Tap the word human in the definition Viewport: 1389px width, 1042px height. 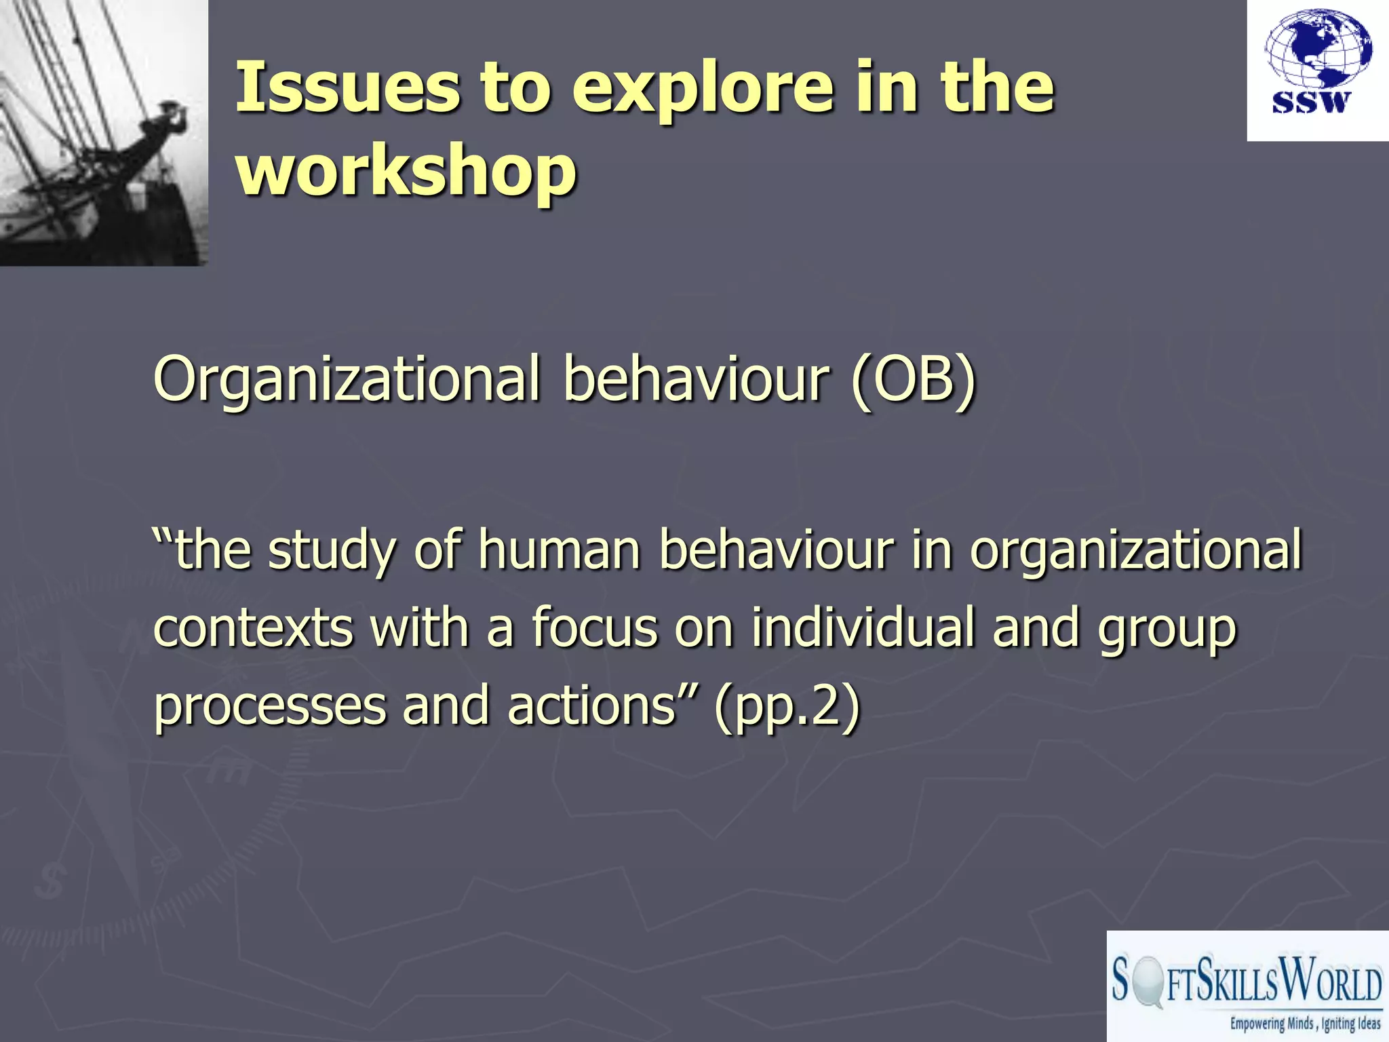559,549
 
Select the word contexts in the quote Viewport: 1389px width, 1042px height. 253,628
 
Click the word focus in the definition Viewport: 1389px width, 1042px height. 594,628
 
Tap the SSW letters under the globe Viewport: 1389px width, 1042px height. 1311,102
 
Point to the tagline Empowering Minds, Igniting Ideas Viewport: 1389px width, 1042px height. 1305,1024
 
